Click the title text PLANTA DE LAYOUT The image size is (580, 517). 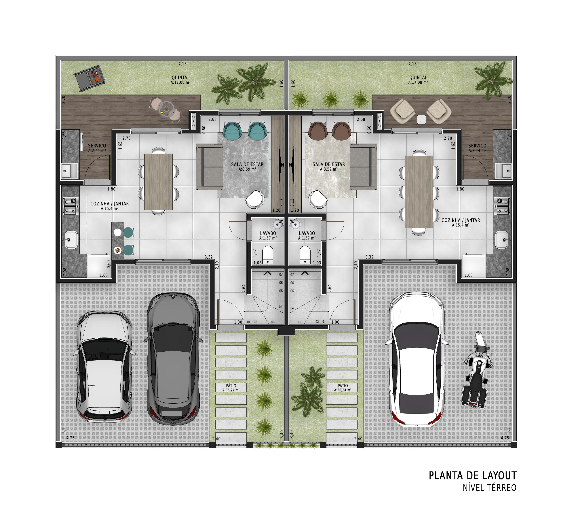tap(472, 476)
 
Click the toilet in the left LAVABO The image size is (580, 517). tap(267, 254)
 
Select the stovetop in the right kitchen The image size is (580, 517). tap(503, 206)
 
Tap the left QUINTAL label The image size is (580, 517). tap(180, 78)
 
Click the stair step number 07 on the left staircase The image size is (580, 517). tap(281, 274)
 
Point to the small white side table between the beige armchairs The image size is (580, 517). tap(422, 119)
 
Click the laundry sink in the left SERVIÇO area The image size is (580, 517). tap(69, 171)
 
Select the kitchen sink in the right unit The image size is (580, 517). tap(502, 240)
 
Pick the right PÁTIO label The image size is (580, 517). tap(343, 386)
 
